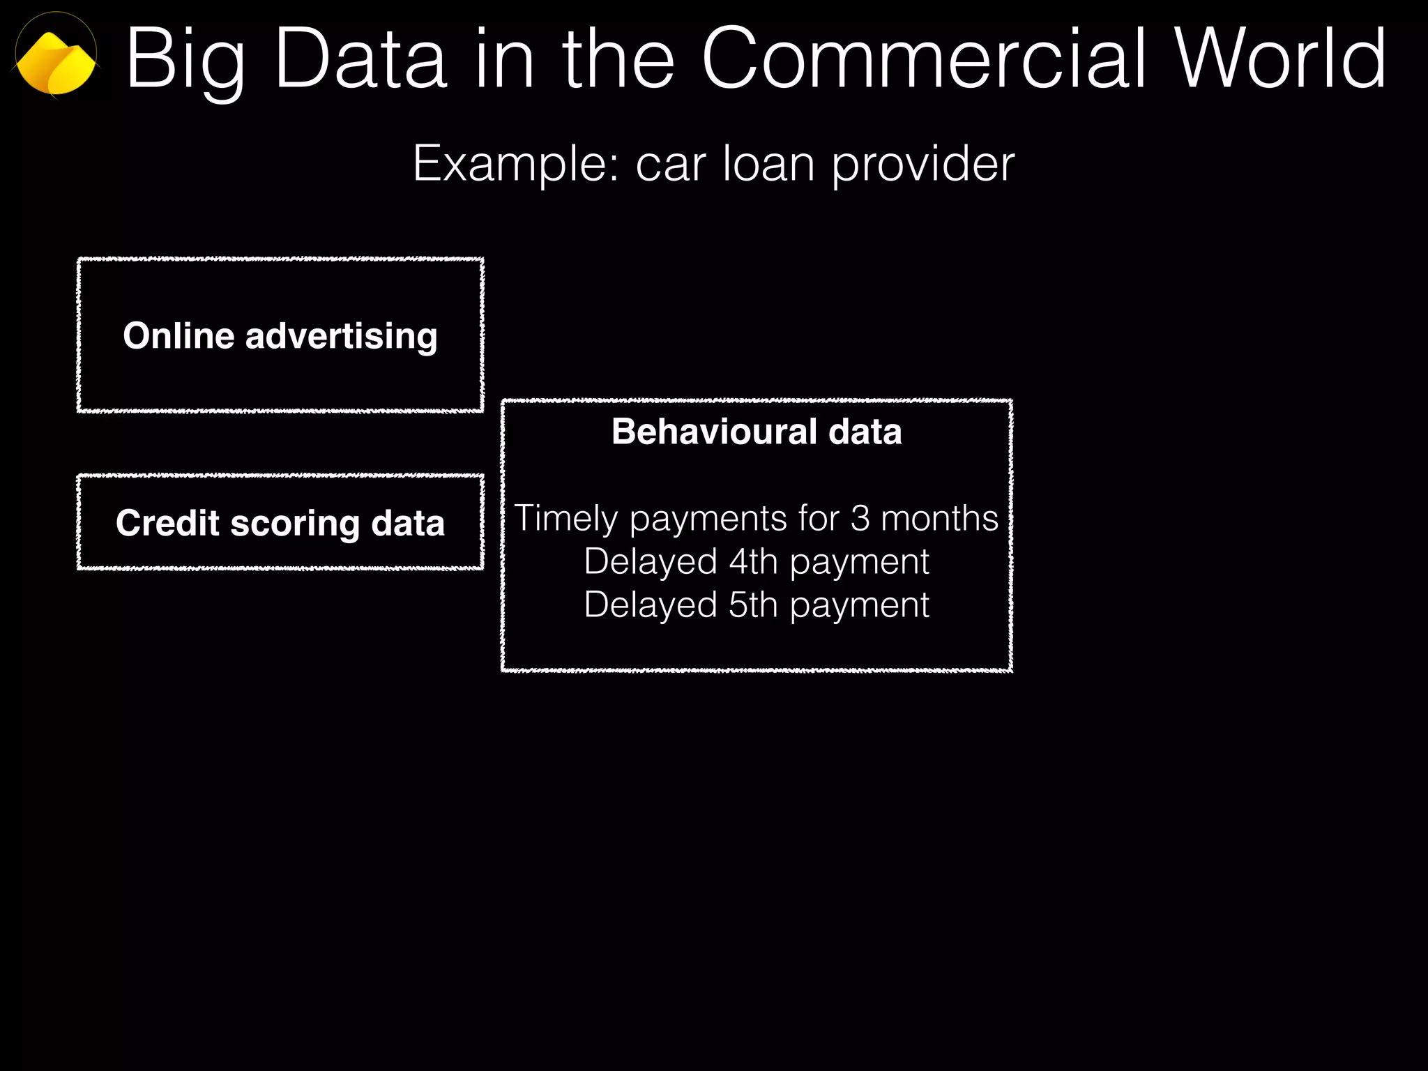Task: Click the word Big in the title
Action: (185, 61)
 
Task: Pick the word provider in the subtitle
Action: (923, 165)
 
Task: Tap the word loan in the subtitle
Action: (768, 163)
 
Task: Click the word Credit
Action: (167, 523)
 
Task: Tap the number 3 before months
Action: (860, 518)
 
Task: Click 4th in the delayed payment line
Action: (753, 561)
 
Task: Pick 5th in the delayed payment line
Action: (753, 605)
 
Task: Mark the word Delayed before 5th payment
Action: (651, 605)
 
